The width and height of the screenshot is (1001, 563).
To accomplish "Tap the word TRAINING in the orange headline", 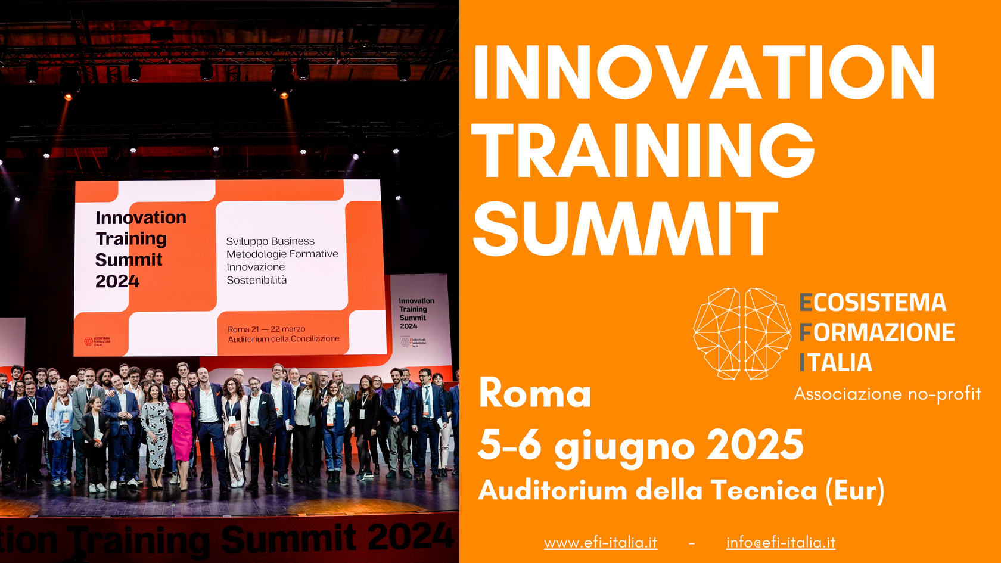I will coord(643,150).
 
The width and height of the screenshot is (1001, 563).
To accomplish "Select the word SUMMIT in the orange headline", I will coord(626,228).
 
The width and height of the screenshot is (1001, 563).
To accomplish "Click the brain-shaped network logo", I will coord(742,333).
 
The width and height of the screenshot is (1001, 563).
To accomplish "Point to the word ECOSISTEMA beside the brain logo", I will coord(873,303).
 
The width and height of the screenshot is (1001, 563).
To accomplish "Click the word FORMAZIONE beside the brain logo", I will coord(877,332).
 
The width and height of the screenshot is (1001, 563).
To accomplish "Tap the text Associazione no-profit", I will coord(887,394).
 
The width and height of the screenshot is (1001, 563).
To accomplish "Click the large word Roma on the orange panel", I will coord(534,394).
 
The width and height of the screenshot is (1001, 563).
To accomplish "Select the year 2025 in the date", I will coord(755,445).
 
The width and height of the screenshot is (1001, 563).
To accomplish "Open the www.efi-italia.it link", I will coord(601,542).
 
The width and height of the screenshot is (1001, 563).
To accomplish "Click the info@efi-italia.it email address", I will coord(781,542).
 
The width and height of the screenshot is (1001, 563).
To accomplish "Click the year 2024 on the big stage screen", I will coord(117,281).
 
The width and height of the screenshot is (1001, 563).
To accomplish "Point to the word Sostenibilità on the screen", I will coord(256,280).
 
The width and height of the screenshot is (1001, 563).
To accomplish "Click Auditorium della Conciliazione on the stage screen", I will coord(284,338).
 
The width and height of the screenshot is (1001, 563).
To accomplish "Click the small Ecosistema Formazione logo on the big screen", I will coord(97,341).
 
